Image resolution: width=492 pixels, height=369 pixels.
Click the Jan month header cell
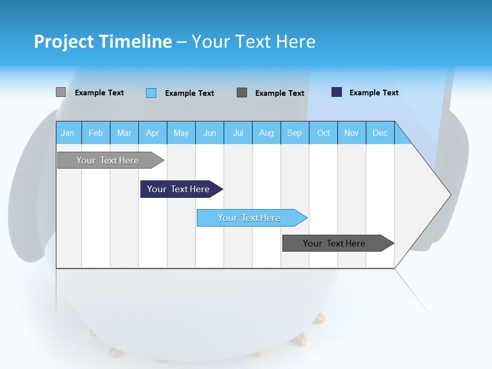click(68, 133)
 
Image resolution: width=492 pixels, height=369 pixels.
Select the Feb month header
click(96, 133)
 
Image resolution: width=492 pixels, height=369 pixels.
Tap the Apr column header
click(152, 133)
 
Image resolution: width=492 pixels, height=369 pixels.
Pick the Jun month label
click(210, 133)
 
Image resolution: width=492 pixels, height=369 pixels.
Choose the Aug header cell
click(266, 133)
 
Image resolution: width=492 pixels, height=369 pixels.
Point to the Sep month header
click(294, 133)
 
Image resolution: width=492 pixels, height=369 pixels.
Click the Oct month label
click(323, 133)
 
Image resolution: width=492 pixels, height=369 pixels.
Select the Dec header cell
click(380, 133)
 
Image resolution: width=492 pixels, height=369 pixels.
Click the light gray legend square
click(60, 92)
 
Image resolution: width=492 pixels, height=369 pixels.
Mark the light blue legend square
click(151, 93)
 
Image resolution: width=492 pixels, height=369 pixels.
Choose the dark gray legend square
click(242, 92)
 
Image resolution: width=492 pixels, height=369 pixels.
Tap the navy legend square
click(337, 92)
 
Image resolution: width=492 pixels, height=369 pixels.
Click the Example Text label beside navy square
click(374, 93)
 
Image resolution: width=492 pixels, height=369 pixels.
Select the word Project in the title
click(64, 42)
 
